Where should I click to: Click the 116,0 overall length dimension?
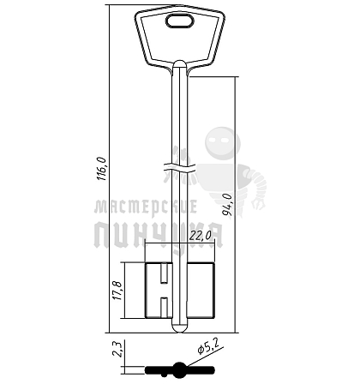coord(102,169)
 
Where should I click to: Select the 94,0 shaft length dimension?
coord(227,205)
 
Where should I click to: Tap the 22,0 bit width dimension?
coord(200,236)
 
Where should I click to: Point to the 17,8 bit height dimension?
coord(117,291)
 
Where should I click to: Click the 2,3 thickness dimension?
coord(118,349)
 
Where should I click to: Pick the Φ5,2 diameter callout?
coord(208,348)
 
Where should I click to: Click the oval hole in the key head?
coord(180,21)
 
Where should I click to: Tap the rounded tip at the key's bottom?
coord(180,328)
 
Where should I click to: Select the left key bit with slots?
coord(159,291)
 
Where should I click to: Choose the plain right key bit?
coord(201,291)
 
